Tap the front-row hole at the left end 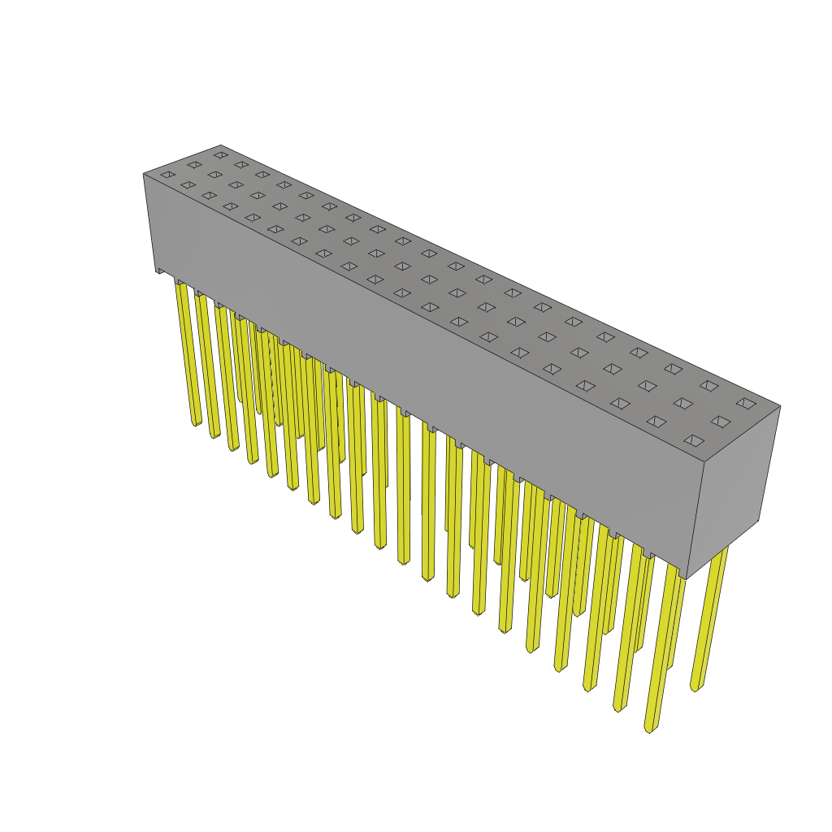click(x=167, y=174)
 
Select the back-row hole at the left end click(x=221, y=154)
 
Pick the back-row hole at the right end click(x=746, y=403)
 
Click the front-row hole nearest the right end click(x=694, y=440)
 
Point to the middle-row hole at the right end click(x=720, y=422)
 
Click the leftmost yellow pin click(x=188, y=349)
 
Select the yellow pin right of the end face click(x=709, y=617)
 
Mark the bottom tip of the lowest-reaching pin click(x=648, y=728)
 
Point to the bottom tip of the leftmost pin click(x=196, y=422)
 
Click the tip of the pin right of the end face click(x=695, y=687)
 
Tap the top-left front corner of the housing click(x=144, y=174)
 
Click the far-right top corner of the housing click(x=780, y=406)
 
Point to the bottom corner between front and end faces click(x=687, y=578)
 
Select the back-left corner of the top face click(x=221, y=145)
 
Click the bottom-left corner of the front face click(x=156, y=269)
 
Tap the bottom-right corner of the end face click(x=759, y=521)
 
